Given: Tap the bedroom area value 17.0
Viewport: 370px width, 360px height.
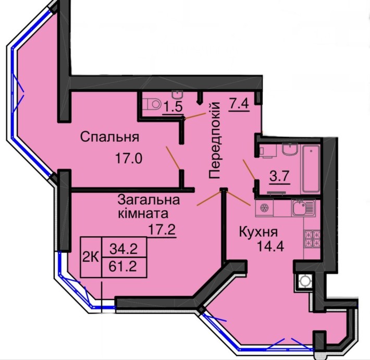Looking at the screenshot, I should (128, 158).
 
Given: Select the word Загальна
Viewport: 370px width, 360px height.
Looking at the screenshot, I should (149, 200).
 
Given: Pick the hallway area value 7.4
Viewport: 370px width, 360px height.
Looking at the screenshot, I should (238, 102).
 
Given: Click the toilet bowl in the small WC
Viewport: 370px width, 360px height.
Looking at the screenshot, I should (153, 103).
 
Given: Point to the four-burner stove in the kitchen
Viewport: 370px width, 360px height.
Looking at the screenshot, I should (312, 239).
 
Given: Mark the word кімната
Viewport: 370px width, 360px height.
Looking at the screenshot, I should (142, 213).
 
